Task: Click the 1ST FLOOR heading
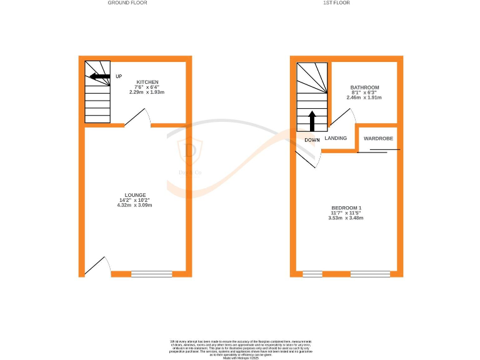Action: tap(336, 3)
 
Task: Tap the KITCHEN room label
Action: tap(147, 82)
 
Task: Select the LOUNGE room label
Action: tap(136, 194)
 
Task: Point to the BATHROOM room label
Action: tap(364, 87)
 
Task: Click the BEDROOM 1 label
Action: tap(347, 207)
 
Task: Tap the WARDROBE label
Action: tap(378, 138)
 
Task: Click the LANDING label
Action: tap(336, 138)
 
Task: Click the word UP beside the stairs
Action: tap(119, 77)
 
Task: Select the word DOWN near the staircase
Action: tap(312, 140)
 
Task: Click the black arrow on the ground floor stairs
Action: tap(100, 77)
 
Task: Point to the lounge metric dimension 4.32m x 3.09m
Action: tap(136, 205)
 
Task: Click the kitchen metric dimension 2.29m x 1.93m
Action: tap(147, 92)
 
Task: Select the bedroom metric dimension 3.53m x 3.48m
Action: tap(347, 217)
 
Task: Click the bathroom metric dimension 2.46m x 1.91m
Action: tap(364, 97)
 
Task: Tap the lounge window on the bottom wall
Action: tap(152, 273)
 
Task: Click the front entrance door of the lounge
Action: tap(97, 266)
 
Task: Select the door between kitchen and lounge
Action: tap(137, 117)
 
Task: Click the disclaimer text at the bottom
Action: tap(240, 347)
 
